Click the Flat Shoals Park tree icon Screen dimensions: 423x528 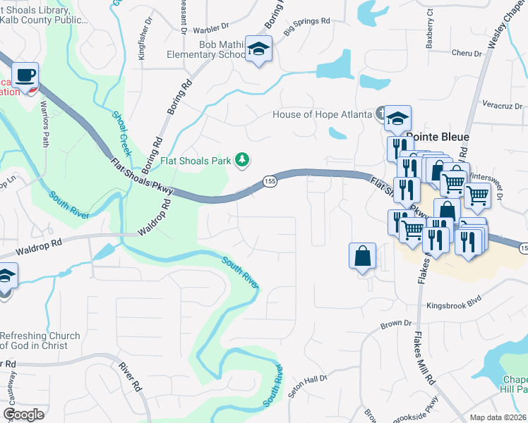(x=242, y=161)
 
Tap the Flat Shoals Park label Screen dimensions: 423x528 (x=196, y=161)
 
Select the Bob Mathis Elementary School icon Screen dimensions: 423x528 (x=258, y=49)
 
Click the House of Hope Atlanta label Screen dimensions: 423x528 (x=323, y=114)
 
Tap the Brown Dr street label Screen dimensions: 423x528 (x=396, y=324)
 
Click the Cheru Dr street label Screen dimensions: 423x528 (x=466, y=53)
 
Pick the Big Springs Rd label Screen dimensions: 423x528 (x=307, y=27)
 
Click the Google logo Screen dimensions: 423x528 (x=24, y=415)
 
